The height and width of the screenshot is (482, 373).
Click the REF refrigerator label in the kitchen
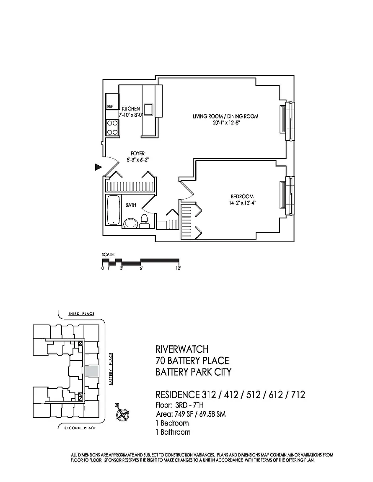(110, 106)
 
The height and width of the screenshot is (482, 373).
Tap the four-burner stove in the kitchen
(112, 128)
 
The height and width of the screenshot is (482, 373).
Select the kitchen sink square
(148, 110)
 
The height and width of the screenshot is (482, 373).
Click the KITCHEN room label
(131, 108)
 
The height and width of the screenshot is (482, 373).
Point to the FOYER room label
(138, 154)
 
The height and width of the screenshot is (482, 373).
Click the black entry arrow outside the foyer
(98, 167)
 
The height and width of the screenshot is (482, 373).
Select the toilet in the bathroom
(144, 221)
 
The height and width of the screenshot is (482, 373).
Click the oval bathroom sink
(131, 223)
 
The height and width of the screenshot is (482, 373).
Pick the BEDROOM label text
(242, 196)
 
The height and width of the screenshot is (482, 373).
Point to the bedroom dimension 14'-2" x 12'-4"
(242, 203)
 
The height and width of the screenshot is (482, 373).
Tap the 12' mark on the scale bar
(179, 268)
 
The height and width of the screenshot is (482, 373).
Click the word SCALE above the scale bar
(108, 254)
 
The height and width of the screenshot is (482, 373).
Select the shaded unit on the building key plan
(91, 372)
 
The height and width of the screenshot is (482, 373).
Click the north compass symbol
(122, 412)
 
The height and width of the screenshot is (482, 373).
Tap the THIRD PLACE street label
(81, 314)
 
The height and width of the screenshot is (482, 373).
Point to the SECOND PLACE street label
(80, 428)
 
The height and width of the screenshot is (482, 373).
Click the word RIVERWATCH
(182, 349)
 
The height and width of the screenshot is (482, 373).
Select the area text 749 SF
(184, 414)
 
